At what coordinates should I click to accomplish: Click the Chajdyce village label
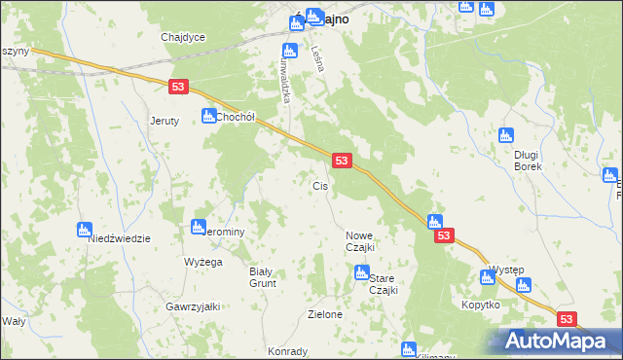tap(183, 37)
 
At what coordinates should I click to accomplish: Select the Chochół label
tap(235, 117)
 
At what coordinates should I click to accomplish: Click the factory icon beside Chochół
tap(208, 116)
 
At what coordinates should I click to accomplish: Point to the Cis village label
tap(319, 186)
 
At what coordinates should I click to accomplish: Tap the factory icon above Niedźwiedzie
tap(84, 231)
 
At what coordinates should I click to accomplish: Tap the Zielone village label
tap(324, 314)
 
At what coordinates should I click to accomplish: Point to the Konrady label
tap(288, 352)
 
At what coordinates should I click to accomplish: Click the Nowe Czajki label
tap(360, 241)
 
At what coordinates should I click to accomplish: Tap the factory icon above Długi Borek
tap(505, 136)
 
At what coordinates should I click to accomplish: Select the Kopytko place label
tap(480, 305)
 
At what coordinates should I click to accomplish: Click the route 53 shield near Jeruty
tap(177, 87)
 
